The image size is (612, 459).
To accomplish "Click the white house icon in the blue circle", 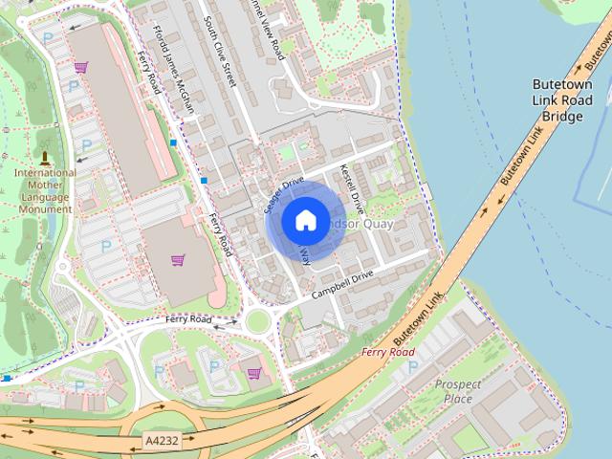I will coord(304,221).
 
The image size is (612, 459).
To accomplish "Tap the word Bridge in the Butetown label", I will coord(562,116).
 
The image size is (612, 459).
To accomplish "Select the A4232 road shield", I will coord(161,441).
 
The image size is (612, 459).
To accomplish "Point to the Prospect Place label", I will coord(458,391).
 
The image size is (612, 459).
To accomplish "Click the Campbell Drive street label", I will coord(341,282).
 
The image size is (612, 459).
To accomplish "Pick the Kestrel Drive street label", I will coord(352,187).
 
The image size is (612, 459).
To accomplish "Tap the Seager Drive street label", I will coord(283,192).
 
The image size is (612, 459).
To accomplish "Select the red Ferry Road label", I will coord(388,352).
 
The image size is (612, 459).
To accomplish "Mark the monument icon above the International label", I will coord(44,156).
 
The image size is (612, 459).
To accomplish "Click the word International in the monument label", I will coord(45,173).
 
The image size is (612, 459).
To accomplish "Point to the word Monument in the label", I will coord(45,208).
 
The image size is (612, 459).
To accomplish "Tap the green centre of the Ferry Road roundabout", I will coord(256,321).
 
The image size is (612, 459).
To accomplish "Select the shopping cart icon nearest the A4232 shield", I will coord(253,373).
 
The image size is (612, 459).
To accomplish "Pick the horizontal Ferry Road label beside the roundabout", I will coord(187,318).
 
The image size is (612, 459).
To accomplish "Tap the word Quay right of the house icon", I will coord(376,224).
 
